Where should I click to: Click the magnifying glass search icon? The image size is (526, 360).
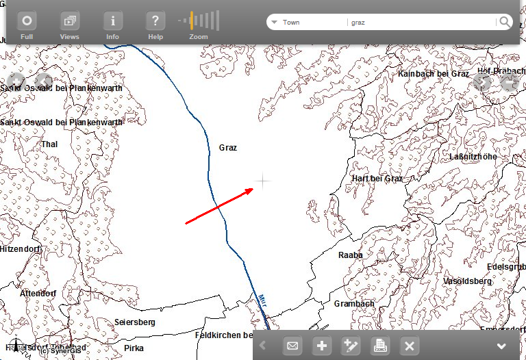505,22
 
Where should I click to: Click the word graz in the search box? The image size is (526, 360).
358,23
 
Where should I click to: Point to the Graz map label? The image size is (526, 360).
228,148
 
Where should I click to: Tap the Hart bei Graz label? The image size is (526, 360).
377,179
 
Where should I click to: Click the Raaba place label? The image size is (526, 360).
351,255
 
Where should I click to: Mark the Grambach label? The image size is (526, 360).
354,304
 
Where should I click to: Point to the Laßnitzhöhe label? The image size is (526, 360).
473,157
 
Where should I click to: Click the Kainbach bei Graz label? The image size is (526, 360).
434,74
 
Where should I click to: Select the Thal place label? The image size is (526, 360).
49,144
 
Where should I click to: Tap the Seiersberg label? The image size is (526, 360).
135,322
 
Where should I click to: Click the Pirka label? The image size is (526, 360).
134,348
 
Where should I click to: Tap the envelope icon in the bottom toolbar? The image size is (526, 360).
292,346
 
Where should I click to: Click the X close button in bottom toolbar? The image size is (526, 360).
409,346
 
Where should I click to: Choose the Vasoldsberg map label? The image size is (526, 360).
468,281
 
